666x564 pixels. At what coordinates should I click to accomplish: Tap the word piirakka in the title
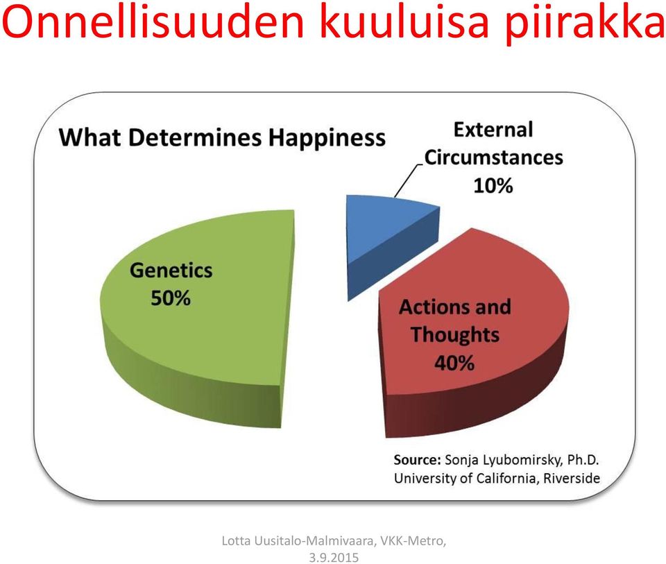coord(584,25)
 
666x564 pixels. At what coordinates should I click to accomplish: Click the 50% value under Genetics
coord(171,298)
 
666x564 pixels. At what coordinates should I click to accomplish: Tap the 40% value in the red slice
coord(454,363)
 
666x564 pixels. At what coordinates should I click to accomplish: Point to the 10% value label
coord(493,186)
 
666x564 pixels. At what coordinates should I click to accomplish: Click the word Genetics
coord(171,271)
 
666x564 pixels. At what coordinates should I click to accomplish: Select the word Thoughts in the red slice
coord(455,335)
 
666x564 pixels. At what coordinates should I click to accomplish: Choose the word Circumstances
coord(493,158)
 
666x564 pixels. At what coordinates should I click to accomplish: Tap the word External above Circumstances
coord(493,130)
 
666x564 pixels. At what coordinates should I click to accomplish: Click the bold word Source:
coord(418,460)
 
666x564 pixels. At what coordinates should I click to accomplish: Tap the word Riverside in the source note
coord(572,478)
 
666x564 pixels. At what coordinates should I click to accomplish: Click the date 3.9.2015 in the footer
coord(334,557)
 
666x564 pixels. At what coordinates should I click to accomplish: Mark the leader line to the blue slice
coord(409,181)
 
